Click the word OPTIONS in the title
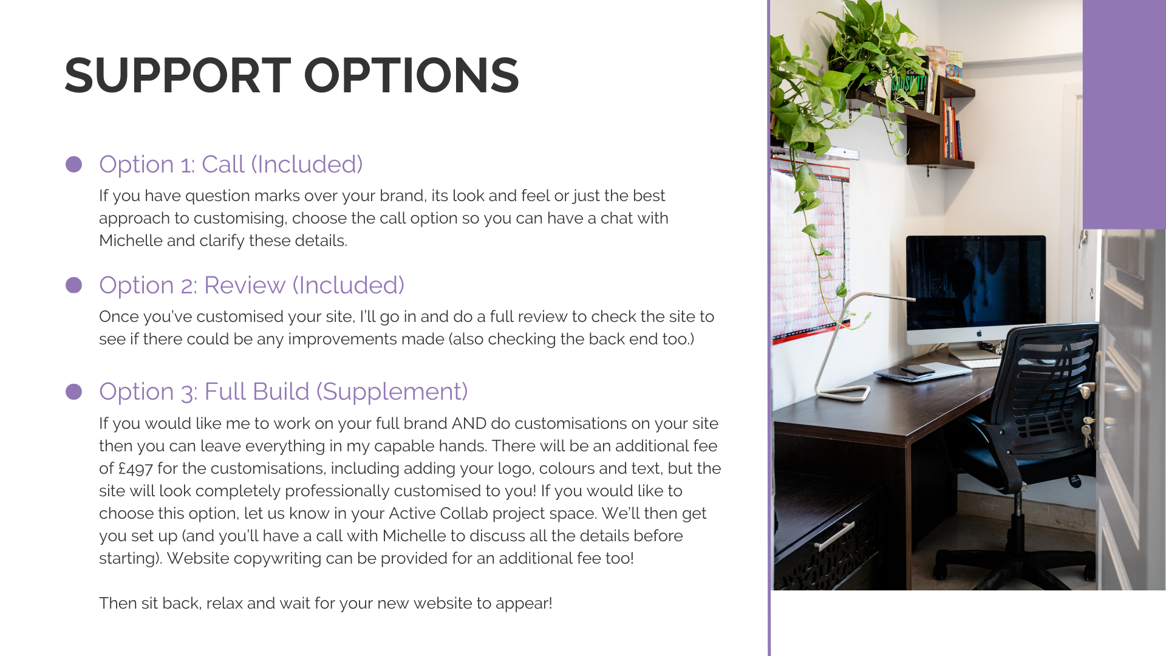[x=411, y=76]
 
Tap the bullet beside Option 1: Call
[x=73, y=164]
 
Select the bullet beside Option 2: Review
[x=73, y=285]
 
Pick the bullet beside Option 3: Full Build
[x=73, y=392]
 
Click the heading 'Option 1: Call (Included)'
[x=231, y=165]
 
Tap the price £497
[x=135, y=468]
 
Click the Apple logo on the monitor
[x=979, y=333]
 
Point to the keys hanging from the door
[x=1087, y=428]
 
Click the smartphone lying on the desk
[x=918, y=369]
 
